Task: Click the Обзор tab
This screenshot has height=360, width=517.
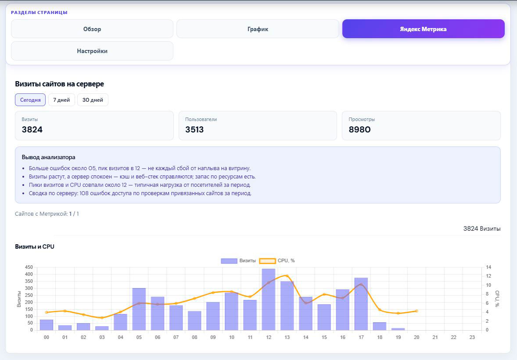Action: point(92,29)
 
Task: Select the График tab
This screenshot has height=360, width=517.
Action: point(258,29)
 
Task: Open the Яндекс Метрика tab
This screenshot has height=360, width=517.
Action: point(424,29)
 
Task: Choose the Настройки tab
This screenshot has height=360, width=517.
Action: point(92,51)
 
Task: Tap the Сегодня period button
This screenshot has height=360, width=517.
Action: point(30,100)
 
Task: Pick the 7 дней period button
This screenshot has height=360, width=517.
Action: point(61,100)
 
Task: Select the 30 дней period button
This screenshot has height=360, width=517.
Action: point(93,100)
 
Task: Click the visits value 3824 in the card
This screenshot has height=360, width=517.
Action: point(32,129)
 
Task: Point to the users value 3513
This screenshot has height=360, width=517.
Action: point(194,129)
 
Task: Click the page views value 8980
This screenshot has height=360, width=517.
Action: point(360,129)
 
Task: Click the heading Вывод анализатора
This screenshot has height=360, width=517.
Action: point(48,157)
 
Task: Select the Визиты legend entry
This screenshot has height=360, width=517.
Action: point(238,260)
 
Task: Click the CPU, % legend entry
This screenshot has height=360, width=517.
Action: point(277,260)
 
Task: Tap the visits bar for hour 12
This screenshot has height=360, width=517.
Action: point(269,299)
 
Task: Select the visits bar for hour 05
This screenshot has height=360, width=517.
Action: point(139,309)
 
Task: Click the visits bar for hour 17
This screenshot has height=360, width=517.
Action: point(361,304)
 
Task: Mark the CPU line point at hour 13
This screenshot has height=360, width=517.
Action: point(287,276)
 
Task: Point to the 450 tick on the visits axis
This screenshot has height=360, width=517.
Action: point(29,267)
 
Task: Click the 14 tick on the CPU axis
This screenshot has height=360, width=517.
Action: point(488,267)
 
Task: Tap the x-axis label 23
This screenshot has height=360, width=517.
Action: point(472,337)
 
